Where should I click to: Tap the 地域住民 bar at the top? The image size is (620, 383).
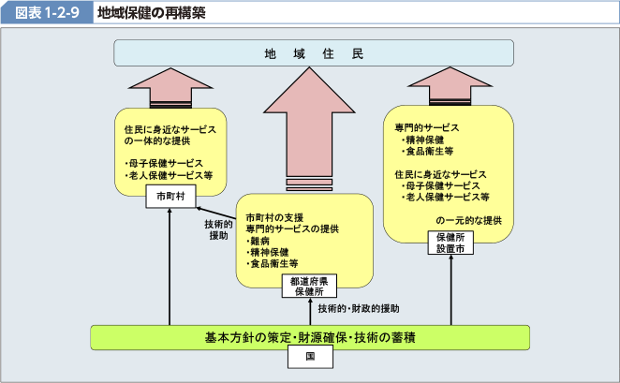tap(313, 53)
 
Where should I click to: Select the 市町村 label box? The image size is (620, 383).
tap(170, 197)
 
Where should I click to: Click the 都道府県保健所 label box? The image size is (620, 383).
tap(308, 286)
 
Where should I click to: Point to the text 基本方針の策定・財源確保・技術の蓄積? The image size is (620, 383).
tap(310, 336)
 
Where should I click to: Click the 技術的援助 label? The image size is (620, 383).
tap(218, 230)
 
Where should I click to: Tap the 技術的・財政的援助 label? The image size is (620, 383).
tap(359, 308)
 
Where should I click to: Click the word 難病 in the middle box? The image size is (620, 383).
tap(260, 241)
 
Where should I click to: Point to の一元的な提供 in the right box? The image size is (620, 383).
tap(468, 221)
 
